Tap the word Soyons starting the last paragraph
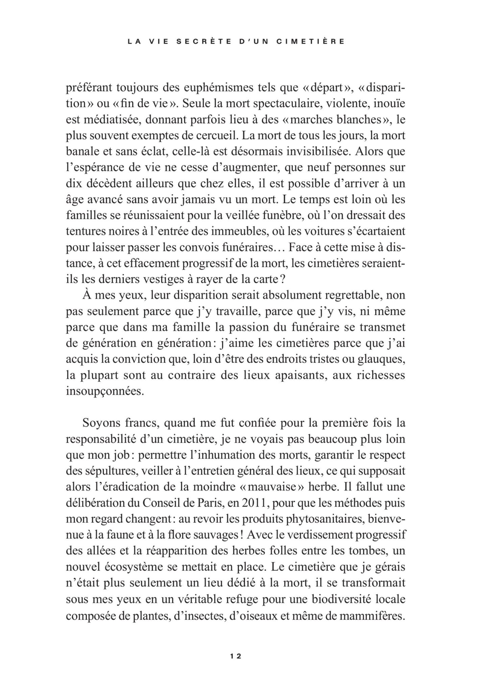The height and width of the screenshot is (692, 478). click(100, 423)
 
